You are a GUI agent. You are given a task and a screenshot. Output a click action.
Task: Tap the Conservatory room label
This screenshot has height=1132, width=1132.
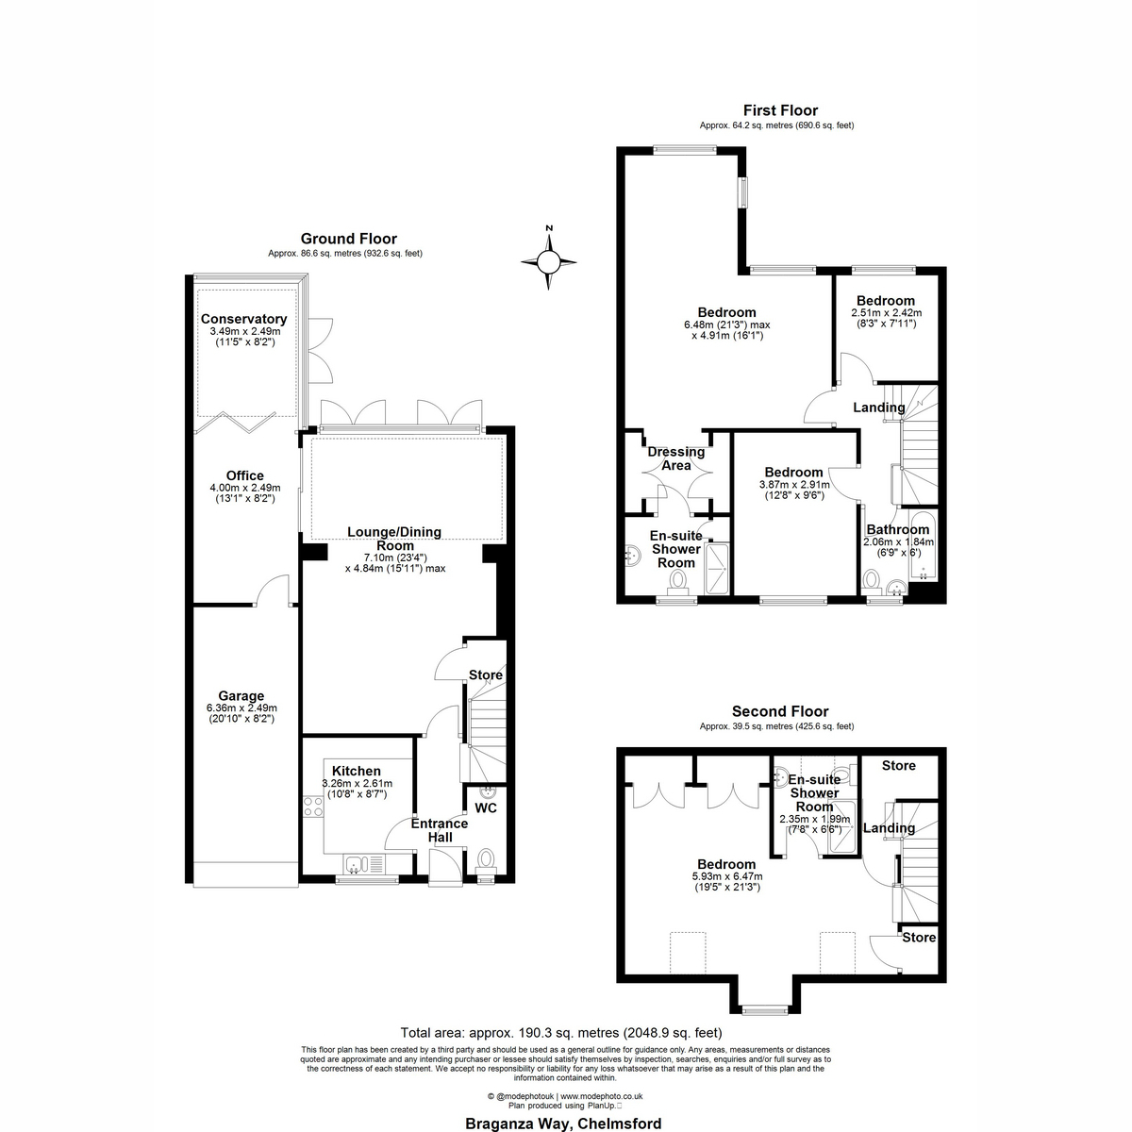(x=243, y=319)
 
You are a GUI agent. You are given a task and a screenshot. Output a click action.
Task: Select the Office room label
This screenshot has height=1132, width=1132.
(x=245, y=475)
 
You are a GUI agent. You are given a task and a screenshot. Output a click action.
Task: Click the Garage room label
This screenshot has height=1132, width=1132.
(x=241, y=696)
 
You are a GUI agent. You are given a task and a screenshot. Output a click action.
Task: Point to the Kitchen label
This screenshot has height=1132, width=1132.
(x=357, y=771)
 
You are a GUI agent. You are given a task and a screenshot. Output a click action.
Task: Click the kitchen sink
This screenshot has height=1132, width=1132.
(x=363, y=864)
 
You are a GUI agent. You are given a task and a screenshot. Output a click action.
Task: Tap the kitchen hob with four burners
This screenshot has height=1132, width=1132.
(x=312, y=807)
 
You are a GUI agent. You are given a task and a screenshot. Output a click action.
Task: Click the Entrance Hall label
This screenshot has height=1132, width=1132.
(x=440, y=830)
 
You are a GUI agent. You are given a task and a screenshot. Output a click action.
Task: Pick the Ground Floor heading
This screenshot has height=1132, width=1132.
(x=349, y=239)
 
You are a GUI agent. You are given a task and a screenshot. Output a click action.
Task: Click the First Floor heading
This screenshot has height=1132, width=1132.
(x=780, y=110)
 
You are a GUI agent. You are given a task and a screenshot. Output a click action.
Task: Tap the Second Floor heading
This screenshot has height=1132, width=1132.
(x=780, y=711)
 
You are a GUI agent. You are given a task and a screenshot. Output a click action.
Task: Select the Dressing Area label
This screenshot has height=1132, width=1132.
(x=676, y=458)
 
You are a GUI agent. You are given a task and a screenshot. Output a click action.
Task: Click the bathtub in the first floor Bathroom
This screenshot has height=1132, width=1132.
(x=922, y=546)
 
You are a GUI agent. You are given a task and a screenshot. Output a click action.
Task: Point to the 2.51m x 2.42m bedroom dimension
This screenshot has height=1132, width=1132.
(x=887, y=313)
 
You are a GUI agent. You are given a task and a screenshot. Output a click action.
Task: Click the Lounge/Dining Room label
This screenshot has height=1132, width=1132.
(x=394, y=539)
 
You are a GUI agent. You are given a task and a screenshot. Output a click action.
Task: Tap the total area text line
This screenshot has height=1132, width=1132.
(x=561, y=1033)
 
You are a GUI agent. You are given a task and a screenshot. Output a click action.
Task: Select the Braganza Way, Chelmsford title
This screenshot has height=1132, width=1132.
(x=563, y=1124)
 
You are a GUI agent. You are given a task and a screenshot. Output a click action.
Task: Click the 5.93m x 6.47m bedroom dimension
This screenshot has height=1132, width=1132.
(x=727, y=876)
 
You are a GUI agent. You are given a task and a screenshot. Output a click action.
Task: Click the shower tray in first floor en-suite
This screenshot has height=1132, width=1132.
(x=717, y=569)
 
